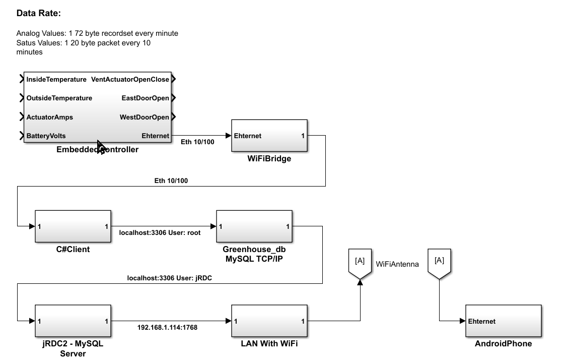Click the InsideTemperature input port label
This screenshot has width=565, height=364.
point(56,80)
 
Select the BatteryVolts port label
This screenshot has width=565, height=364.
point(46,136)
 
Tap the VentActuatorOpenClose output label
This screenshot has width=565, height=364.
point(130,80)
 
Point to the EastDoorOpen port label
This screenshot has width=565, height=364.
point(145,98)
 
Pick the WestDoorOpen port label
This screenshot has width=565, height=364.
point(144,117)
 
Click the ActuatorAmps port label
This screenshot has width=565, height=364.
point(49,117)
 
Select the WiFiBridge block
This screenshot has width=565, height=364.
point(269,136)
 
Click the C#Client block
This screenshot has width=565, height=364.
point(73,226)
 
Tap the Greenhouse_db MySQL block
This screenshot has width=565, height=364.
point(254,226)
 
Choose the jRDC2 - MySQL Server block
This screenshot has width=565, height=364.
point(73,321)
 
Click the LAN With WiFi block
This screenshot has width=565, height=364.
point(269,321)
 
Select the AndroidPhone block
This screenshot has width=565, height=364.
point(503,321)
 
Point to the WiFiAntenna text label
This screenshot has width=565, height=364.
point(397,264)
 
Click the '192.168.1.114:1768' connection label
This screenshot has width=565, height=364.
point(167,328)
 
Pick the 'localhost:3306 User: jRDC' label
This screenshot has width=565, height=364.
point(169,278)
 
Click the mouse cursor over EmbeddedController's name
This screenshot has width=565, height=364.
point(100,147)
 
